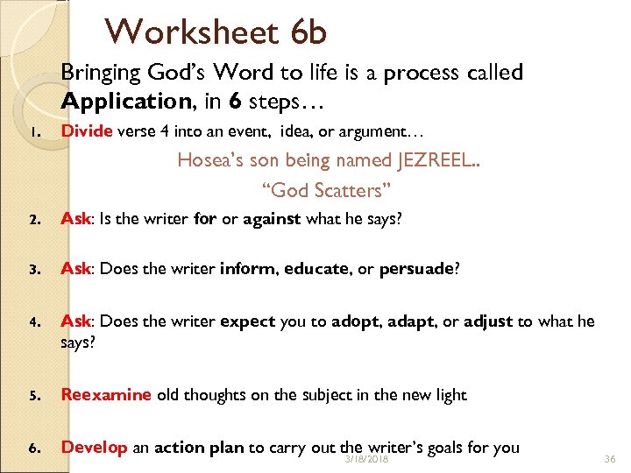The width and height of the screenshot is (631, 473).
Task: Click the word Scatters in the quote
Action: (x=347, y=189)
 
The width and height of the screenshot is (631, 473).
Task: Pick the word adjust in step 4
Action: (x=488, y=321)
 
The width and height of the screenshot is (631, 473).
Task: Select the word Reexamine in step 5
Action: (x=106, y=394)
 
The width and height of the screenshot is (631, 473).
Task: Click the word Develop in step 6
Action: (x=95, y=448)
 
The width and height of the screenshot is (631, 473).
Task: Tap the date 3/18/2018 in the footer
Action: (x=366, y=459)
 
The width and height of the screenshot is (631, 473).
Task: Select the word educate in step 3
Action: (x=316, y=269)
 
